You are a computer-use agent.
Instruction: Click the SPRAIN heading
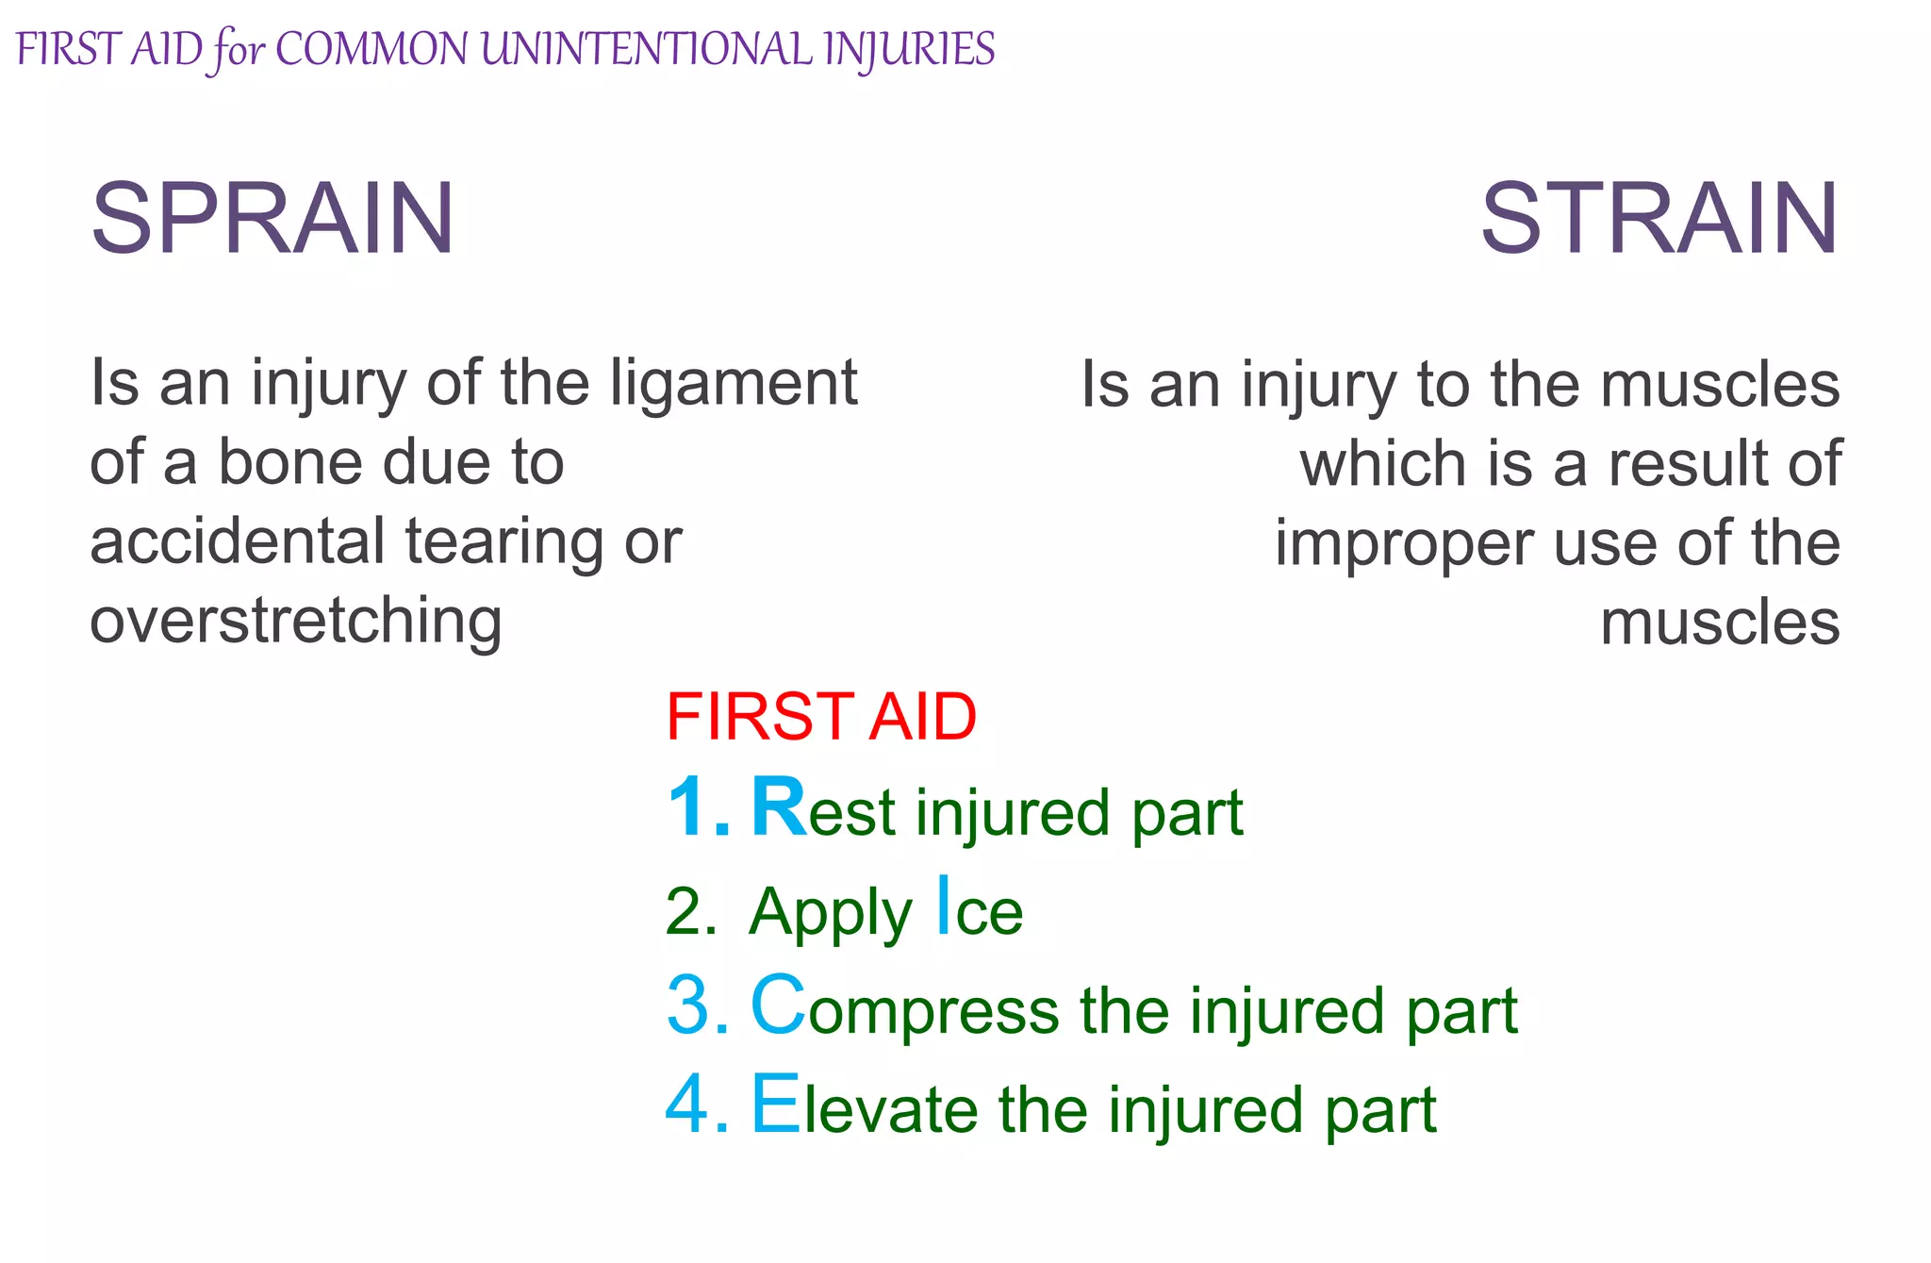click(272, 219)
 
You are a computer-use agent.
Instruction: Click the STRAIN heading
click(1659, 219)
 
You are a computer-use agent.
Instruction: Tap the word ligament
click(734, 385)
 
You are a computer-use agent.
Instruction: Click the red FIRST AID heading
click(820, 717)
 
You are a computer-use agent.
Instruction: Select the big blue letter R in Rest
click(779, 807)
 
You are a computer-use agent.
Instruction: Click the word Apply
click(830, 913)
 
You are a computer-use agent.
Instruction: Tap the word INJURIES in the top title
click(908, 49)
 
